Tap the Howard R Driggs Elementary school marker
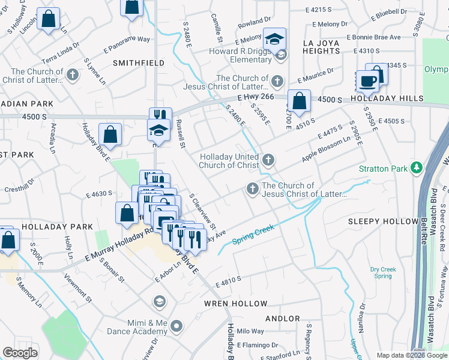tap(275, 40)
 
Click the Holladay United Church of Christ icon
tap(268, 160)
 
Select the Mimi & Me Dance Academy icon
tap(176, 326)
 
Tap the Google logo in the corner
tap(20, 353)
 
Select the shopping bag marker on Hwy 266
tap(298, 101)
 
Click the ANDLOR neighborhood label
tap(282, 318)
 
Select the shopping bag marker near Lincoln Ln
tap(48, 19)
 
